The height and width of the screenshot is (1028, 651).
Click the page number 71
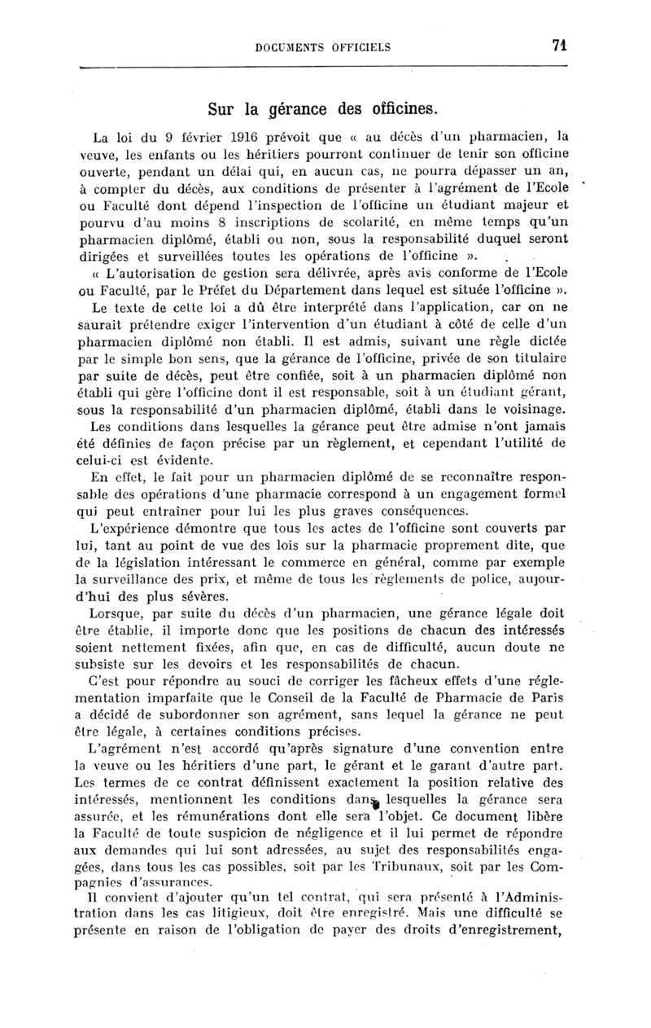click(x=558, y=46)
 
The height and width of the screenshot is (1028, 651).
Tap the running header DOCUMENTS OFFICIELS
click(x=323, y=47)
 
